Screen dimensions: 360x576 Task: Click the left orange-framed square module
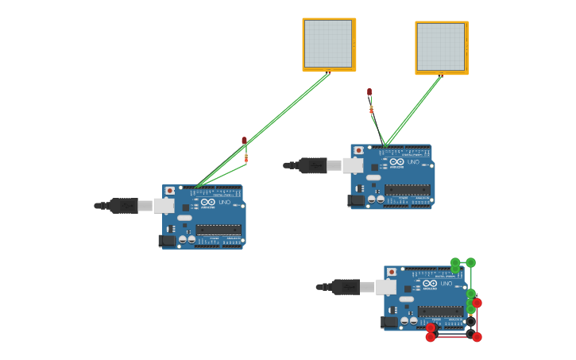[329, 45]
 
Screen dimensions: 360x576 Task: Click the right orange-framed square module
[442, 48]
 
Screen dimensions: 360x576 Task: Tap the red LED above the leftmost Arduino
[245, 141]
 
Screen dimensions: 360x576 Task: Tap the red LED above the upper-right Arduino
[369, 92]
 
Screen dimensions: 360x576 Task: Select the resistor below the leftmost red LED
[246, 158]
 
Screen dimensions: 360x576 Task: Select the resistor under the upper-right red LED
[371, 109]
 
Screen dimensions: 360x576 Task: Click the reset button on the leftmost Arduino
[170, 191]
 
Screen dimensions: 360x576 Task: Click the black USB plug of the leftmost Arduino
[123, 206]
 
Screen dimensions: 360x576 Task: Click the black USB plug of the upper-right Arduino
[312, 165]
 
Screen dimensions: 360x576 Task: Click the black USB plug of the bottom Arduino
[345, 287]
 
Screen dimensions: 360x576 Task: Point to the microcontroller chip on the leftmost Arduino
[218, 230]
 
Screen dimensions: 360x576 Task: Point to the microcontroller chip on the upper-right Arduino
[408, 189]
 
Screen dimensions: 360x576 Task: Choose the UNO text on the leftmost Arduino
[225, 203]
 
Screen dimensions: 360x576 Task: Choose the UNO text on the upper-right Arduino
[414, 162]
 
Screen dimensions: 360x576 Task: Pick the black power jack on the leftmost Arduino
[167, 240]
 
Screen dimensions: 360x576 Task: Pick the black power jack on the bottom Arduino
[389, 322]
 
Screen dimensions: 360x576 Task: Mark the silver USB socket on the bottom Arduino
[386, 287]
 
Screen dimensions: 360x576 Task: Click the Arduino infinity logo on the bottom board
[429, 284]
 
